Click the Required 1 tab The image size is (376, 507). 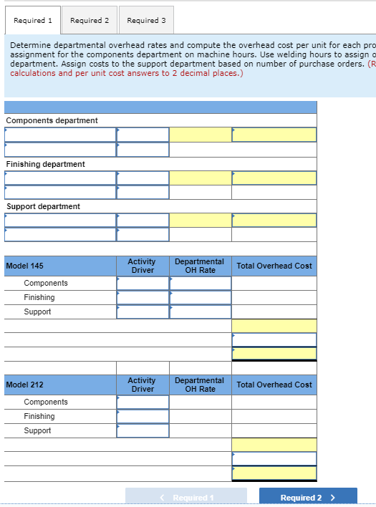32,20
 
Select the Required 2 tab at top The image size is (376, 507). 90,20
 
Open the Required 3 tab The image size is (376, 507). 146,20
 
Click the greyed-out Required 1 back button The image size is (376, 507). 186,498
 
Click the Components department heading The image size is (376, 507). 52,120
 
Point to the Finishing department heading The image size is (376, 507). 46,164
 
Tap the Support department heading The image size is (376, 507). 44,206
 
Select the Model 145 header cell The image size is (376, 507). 25,266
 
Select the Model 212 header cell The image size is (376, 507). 25,385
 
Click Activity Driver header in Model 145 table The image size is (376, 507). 142,266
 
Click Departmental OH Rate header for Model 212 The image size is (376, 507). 200,385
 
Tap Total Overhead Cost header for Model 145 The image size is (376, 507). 274,266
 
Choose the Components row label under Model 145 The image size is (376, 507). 46,283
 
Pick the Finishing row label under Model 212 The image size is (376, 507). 39,416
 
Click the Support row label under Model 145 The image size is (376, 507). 38,312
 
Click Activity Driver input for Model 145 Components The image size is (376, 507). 143,283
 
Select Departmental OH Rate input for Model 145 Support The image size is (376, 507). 201,312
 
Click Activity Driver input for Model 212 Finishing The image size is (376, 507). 143,416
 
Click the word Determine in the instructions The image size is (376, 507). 29,45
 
